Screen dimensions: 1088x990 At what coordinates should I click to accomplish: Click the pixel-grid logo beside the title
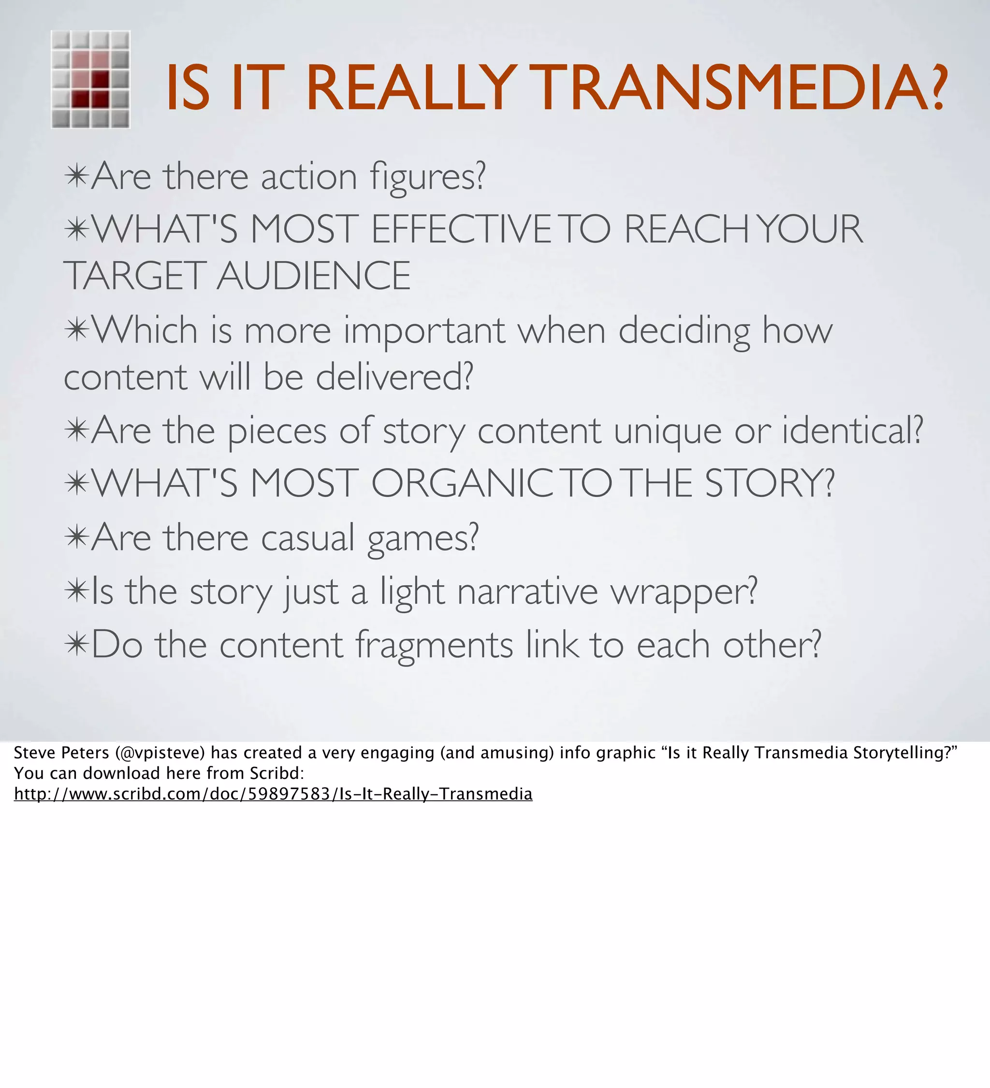pos(91,79)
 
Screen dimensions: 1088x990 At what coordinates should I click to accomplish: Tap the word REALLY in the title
pos(410,88)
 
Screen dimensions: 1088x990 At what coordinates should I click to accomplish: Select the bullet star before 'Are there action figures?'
pos(76,176)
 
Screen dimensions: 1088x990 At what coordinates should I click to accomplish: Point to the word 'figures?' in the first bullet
pos(428,178)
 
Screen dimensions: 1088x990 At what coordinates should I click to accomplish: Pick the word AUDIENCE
pos(314,276)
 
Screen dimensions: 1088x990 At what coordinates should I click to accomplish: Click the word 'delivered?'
pos(394,377)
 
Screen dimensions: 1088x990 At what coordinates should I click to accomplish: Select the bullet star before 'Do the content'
pos(76,644)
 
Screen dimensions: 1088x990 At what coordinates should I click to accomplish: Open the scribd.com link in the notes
pos(273,794)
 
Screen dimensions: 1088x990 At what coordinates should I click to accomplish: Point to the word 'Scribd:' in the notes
pos(277,773)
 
